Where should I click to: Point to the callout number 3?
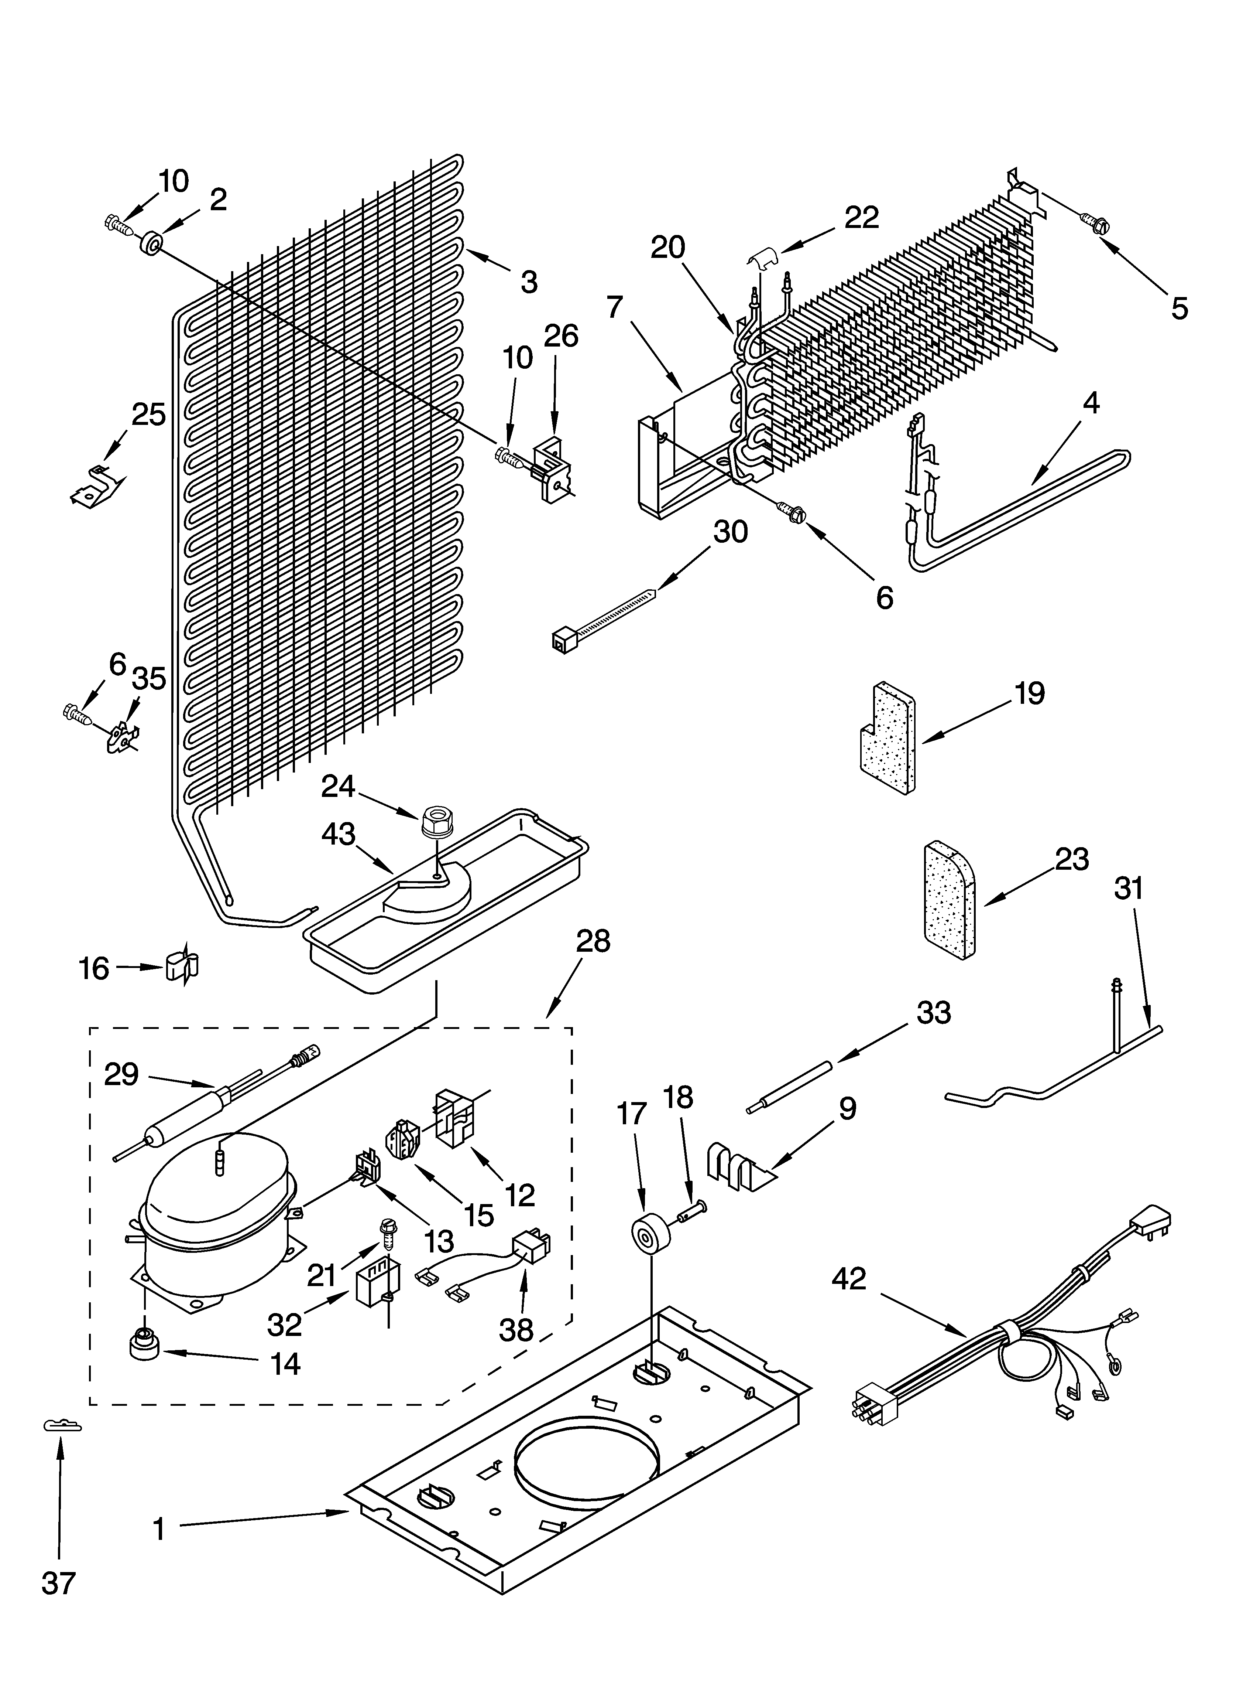(x=529, y=282)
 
